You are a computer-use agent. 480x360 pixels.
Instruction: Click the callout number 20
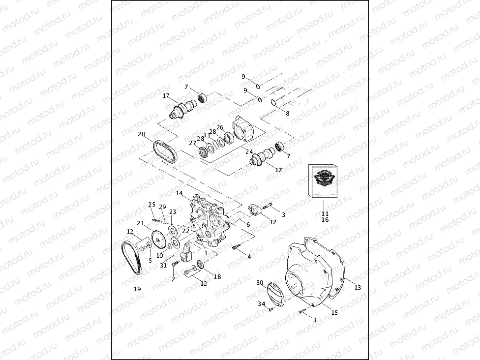141,134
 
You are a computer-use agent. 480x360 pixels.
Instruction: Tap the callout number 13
358,287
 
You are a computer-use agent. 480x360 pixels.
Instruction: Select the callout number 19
137,289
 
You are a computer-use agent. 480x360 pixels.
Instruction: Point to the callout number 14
179,193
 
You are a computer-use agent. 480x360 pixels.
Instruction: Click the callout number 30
260,283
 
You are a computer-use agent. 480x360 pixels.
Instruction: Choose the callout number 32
272,222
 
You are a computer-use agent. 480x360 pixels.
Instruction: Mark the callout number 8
288,113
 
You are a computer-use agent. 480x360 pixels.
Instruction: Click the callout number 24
249,151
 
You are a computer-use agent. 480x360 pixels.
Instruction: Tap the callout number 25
151,204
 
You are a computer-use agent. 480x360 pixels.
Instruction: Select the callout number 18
217,277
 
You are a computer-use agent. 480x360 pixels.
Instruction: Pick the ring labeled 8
273,102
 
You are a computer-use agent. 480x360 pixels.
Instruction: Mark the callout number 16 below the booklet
325,220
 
